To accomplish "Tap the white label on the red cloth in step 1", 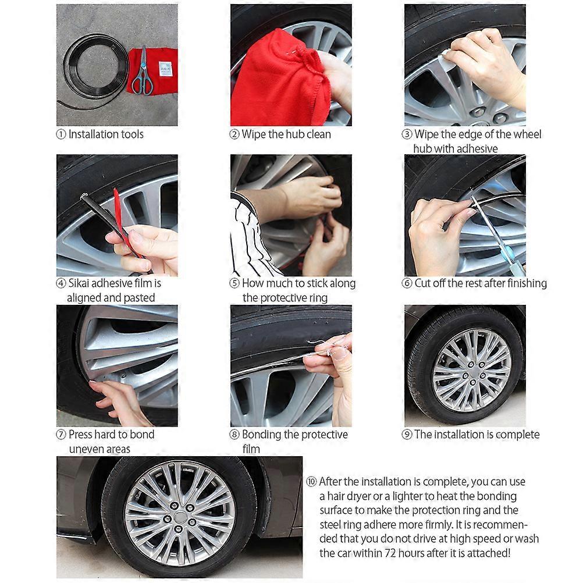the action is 165,69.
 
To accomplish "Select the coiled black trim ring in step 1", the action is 93,69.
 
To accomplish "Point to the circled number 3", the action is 407,134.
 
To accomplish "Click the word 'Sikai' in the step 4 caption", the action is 79,283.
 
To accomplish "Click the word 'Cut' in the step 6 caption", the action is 423,283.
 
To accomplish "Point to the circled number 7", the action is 61,434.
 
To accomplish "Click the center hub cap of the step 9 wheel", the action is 472,371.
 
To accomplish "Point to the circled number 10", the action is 311,482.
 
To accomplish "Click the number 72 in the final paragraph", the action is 390,553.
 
